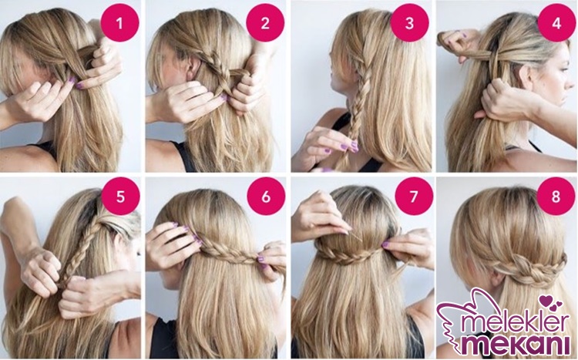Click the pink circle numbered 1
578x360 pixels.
tap(119, 23)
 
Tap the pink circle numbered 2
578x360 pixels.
tap(265, 23)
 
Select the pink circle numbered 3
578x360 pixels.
tap(409, 23)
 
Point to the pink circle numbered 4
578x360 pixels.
tap(556, 23)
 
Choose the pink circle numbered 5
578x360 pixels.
tap(120, 197)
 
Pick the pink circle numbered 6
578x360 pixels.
tap(266, 197)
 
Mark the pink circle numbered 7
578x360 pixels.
tap(414, 197)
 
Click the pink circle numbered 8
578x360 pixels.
tap(556, 197)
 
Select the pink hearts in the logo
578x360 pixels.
tap(551, 302)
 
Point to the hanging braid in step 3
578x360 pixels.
tap(356, 111)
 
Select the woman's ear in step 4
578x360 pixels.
tap(528, 77)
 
